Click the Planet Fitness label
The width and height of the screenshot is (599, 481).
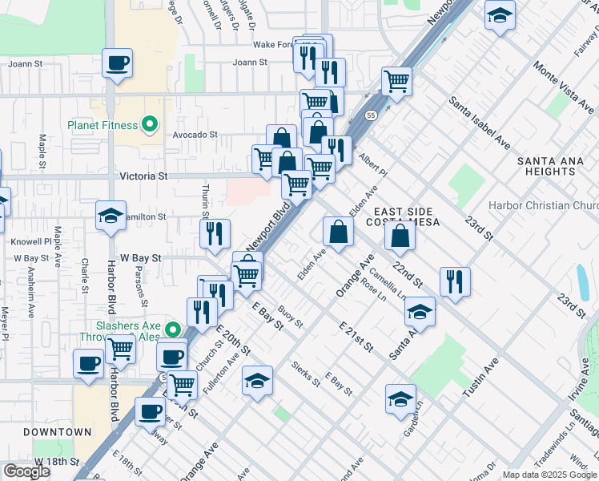[x=103, y=125]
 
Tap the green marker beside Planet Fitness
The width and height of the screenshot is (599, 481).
[x=148, y=124]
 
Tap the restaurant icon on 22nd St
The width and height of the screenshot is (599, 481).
[x=455, y=281]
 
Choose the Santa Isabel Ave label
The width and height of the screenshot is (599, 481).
[x=480, y=123]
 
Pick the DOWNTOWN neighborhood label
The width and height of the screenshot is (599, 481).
[x=57, y=432]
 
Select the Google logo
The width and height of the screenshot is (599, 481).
[x=27, y=471]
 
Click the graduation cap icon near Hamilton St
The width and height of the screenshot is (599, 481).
[x=111, y=215]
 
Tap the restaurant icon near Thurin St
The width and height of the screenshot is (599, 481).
[x=215, y=233]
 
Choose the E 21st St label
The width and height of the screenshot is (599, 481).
[x=356, y=337]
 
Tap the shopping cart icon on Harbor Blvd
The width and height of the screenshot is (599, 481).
[x=120, y=349]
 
